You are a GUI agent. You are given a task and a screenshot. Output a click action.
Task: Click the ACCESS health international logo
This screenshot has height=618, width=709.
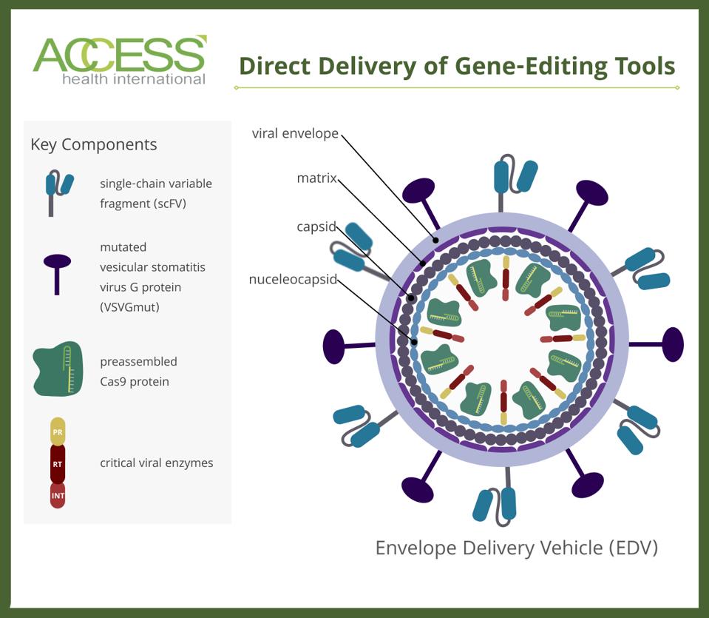(x=119, y=61)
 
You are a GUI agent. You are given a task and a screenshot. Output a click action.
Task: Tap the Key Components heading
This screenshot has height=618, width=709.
(x=94, y=144)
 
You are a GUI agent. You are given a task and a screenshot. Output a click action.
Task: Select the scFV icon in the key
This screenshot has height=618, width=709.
(x=58, y=190)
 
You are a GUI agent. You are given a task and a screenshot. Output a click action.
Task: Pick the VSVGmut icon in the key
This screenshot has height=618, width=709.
(x=57, y=271)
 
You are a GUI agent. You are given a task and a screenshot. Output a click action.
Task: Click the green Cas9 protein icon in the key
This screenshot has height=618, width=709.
(x=58, y=369)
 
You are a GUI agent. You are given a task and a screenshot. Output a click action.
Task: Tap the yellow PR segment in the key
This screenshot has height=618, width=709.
(x=58, y=431)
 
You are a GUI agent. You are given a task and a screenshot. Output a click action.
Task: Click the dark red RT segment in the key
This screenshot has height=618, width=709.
(x=58, y=463)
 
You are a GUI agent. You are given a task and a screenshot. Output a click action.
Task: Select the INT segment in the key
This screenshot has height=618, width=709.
(x=58, y=494)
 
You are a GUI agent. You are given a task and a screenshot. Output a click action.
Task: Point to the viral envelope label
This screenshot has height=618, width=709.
(x=295, y=134)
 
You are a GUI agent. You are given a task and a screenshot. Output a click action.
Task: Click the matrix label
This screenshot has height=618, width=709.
(x=316, y=178)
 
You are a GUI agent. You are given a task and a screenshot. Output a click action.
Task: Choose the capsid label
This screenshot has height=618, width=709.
(x=316, y=227)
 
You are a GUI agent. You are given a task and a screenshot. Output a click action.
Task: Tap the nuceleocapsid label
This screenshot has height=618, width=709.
(x=293, y=280)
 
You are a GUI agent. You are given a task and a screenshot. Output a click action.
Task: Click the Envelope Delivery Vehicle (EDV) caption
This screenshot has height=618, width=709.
(x=516, y=548)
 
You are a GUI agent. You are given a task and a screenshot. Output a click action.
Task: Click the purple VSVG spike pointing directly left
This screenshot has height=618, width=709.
(x=335, y=346)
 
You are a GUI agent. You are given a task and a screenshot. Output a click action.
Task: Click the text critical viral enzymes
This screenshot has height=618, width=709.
(x=157, y=463)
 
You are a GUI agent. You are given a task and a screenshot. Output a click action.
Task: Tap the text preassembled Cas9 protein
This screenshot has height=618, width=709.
(x=139, y=372)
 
